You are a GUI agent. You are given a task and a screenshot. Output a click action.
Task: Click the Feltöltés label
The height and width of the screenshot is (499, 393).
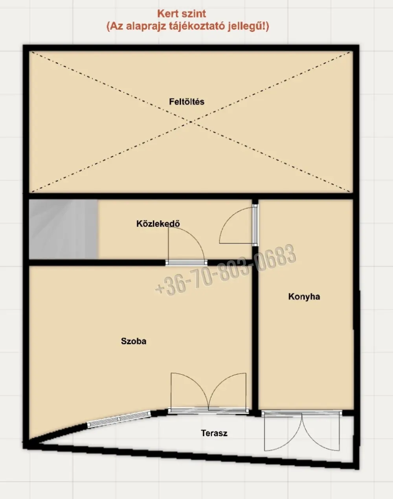(x=187, y=102)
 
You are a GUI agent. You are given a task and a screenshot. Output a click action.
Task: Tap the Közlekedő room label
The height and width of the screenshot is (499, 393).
(x=158, y=223)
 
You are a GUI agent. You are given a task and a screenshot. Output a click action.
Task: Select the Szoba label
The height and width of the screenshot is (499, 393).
(x=134, y=341)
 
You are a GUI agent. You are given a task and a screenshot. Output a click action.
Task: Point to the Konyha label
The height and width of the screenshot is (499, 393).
(x=304, y=296)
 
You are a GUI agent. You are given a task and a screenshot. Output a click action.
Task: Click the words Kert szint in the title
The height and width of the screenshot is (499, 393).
(x=182, y=14)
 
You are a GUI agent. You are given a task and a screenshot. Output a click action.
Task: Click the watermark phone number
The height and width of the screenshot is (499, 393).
(x=225, y=271)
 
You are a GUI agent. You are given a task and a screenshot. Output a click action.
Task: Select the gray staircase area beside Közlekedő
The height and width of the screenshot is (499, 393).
(x=63, y=229)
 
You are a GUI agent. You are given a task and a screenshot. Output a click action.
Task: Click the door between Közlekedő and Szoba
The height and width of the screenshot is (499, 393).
(x=186, y=246)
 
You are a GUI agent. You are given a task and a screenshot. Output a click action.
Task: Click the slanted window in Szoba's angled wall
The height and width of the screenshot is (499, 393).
(x=119, y=419)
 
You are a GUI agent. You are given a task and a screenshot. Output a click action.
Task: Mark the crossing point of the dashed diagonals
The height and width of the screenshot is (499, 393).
(x=191, y=122)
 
